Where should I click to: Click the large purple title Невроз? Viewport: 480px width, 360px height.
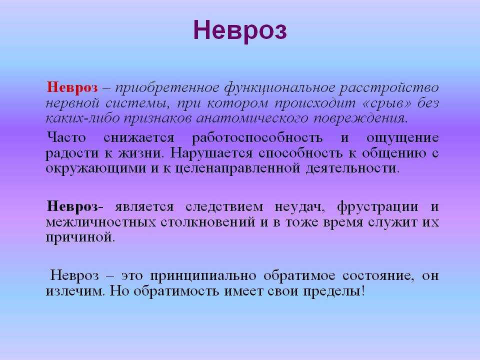240,31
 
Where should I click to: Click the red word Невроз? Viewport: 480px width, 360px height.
72,87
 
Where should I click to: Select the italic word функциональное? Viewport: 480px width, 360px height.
279,88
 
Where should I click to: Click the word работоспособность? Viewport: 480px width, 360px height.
257,138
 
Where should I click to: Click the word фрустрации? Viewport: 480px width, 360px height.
377,207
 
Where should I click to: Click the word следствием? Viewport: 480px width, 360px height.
224,207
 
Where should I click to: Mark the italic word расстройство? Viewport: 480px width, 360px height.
389,88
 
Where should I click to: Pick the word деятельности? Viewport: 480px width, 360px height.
351,168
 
